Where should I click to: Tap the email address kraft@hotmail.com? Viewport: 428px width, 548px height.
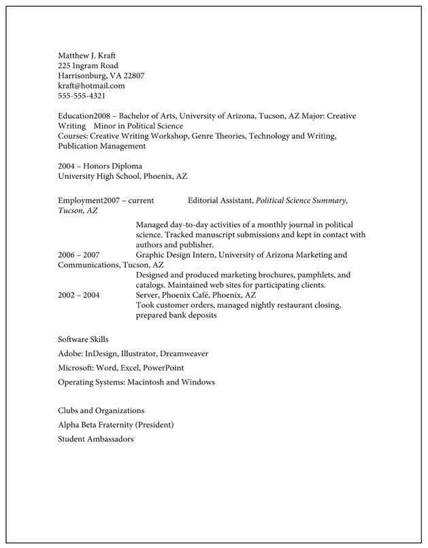pyautogui.click(x=91, y=86)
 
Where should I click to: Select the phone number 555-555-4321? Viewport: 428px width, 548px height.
pyautogui.click(x=82, y=96)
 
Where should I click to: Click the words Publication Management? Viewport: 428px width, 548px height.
pyautogui.click(x=102, y=146)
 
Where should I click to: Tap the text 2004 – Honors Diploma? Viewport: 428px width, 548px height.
pyautogui.click(x=100, y=166)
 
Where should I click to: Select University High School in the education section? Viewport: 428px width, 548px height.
pyautogui.click(x=100, y=176)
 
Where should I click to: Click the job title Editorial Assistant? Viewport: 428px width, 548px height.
pyautogui.click(x=220, y=201)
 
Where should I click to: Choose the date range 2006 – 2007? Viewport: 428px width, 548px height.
pyautogui.click(x=79, y=255)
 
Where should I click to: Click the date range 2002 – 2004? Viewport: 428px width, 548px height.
pyautogui.click(x=79, y=295)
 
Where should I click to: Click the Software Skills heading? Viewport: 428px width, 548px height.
pyautogui.click(x=83, y=339)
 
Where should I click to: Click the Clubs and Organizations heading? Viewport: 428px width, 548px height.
pyautogui.click(x=101, y=411)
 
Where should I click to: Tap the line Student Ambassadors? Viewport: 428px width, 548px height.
pyautogui.click(x=96, y=439)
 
